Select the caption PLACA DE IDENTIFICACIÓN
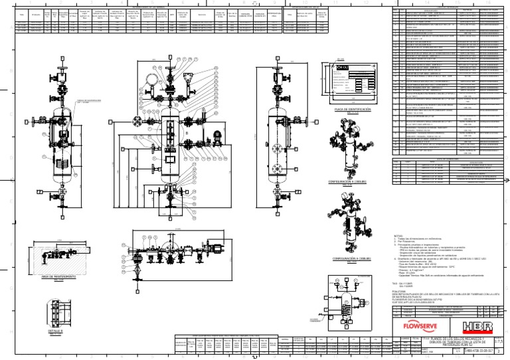coord(352,108)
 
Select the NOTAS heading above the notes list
coord(398,236)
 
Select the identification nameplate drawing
coord(351,82)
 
